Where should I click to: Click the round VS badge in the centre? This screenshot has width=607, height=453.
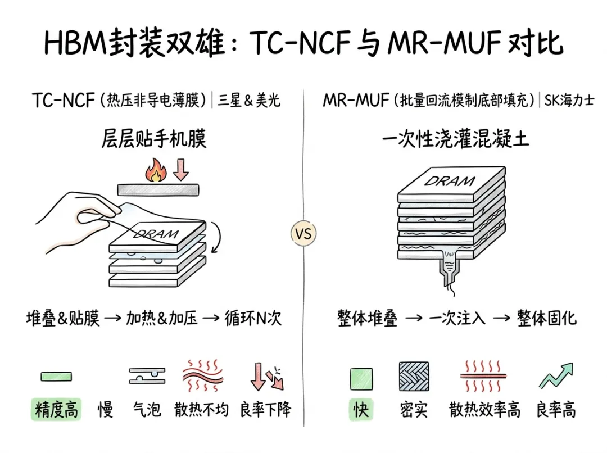coord(303,233)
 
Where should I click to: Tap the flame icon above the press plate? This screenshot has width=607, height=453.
coord(156,170)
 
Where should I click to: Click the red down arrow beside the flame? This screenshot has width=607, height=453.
coord(180,169)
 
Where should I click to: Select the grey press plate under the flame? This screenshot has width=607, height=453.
coord(158,190)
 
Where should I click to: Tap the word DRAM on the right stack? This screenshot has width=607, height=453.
coord(450,181)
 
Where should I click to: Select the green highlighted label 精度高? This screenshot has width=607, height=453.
coord(56,409)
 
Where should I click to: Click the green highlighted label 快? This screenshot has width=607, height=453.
coord(361,409)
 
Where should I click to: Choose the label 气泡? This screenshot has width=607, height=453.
coord(147,409)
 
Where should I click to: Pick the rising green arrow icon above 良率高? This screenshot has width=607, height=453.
coord(556,375)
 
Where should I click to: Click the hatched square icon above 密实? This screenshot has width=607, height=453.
coord(414,377)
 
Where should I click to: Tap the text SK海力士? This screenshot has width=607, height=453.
coord(569,100)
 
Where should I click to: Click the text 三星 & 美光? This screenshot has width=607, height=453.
coord(248,100)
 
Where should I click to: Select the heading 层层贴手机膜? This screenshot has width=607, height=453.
coord(153,138)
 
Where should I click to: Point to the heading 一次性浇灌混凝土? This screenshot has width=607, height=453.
coord(455,138)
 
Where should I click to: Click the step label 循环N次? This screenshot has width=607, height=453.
coord(253,318)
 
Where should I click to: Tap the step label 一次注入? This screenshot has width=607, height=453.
coord(457,318)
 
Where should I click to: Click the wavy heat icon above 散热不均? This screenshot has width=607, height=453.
coord(203,375)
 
